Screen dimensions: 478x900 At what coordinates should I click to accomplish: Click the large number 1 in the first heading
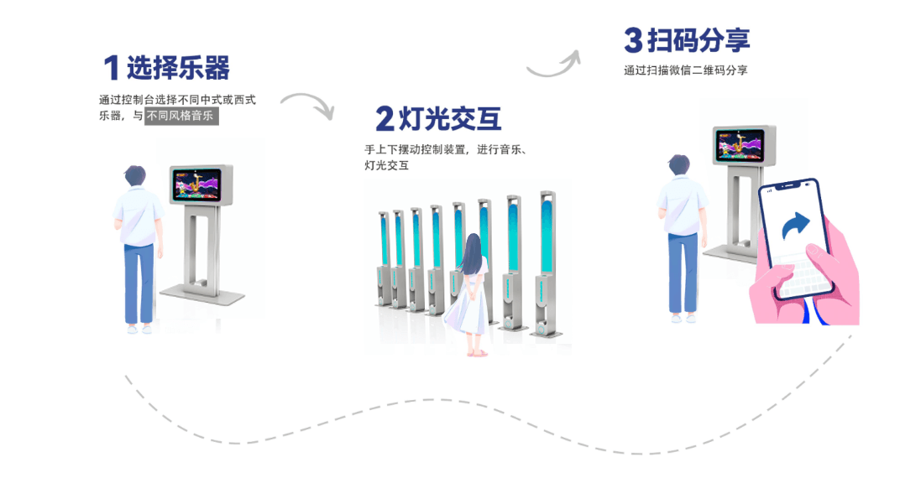click(111, 68)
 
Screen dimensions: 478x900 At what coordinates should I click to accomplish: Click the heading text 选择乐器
click(178, 67)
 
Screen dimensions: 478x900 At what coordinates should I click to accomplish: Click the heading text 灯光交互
click(450, 119)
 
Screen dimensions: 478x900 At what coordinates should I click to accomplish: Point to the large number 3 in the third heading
click(633, 39)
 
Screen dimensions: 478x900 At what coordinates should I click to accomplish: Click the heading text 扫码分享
click(699, 39)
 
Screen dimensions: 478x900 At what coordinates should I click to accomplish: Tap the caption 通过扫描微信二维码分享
click(685, 70)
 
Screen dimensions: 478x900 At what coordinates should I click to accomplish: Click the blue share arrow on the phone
click(795, 224)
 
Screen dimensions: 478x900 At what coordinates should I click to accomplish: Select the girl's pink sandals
click(476, 353)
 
